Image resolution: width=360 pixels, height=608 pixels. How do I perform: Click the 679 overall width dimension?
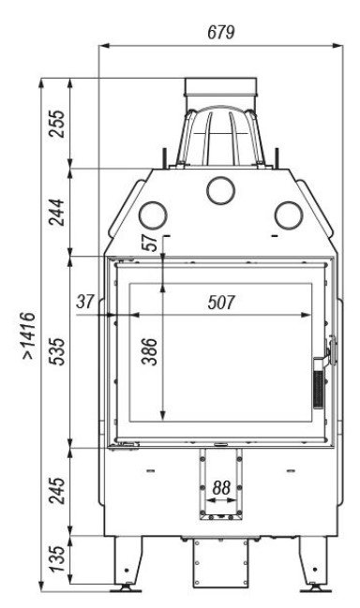[x=221, y=32]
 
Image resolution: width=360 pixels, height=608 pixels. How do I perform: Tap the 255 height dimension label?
[x=56, y=124]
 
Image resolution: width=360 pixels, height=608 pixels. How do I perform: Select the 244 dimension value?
[x=56, y=212]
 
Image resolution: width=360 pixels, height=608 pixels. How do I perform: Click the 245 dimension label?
[x=56, y=491]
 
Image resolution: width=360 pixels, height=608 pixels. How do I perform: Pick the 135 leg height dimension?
[x=56, y=558]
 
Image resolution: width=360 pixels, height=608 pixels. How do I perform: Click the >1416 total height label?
[x=29, y=335]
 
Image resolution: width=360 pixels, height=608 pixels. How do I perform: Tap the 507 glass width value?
[x=221, y=303]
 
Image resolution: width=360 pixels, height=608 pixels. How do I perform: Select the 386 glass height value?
[x=150, y=351]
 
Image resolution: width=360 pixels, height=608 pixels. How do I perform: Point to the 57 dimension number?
[x=150, y=243]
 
